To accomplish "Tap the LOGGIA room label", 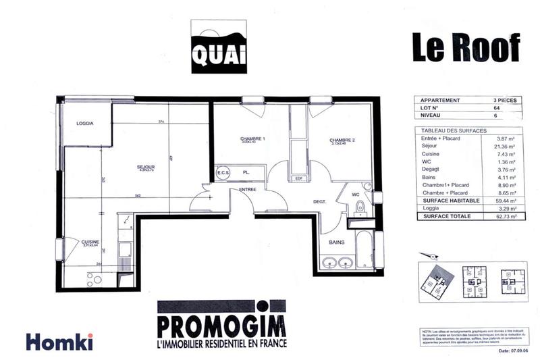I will coord(84,123).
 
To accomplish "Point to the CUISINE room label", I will coord(90,242).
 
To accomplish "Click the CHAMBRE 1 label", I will coord(252,139).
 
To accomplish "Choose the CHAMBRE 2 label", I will coord(342,140).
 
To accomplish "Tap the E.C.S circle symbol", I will coord(223,174).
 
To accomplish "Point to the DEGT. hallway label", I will coord(320,202).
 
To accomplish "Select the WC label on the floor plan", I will coord(355,195).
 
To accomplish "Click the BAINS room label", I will coord(337,241).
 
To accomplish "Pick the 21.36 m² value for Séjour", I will coord(506,147).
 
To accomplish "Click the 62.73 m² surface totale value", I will coord(506,217).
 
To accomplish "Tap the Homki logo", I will coord(59,342).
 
